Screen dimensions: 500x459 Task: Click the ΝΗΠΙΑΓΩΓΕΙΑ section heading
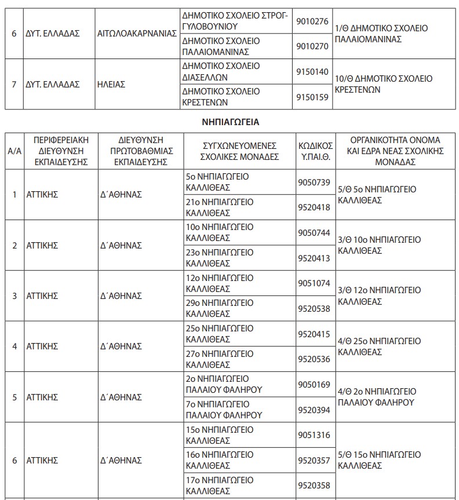(230, 122)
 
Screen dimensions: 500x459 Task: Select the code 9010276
(312, 21)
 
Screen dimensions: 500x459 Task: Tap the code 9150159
(312, 97)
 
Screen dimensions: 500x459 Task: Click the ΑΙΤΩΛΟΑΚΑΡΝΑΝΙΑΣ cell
(137, 34)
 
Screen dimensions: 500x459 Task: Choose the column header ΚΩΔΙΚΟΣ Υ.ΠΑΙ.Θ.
(315, 151)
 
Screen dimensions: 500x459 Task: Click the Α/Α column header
(14, 151)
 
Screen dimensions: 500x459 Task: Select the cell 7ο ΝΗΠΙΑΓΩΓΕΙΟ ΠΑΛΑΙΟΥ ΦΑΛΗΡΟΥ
(224, 409)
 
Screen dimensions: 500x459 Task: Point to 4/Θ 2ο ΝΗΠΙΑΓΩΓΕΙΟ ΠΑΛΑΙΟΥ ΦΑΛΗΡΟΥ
(377, 397)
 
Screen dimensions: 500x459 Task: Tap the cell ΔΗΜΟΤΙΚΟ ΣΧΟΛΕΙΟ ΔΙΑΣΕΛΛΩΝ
(221, 71)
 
